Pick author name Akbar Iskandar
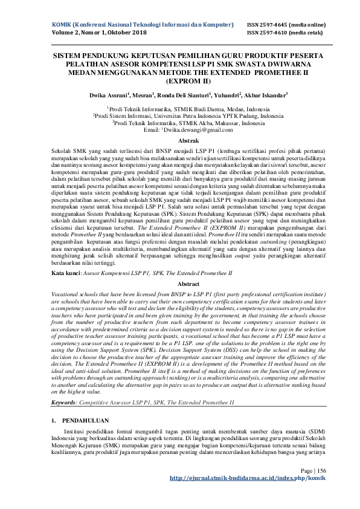tap(267, 95)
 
